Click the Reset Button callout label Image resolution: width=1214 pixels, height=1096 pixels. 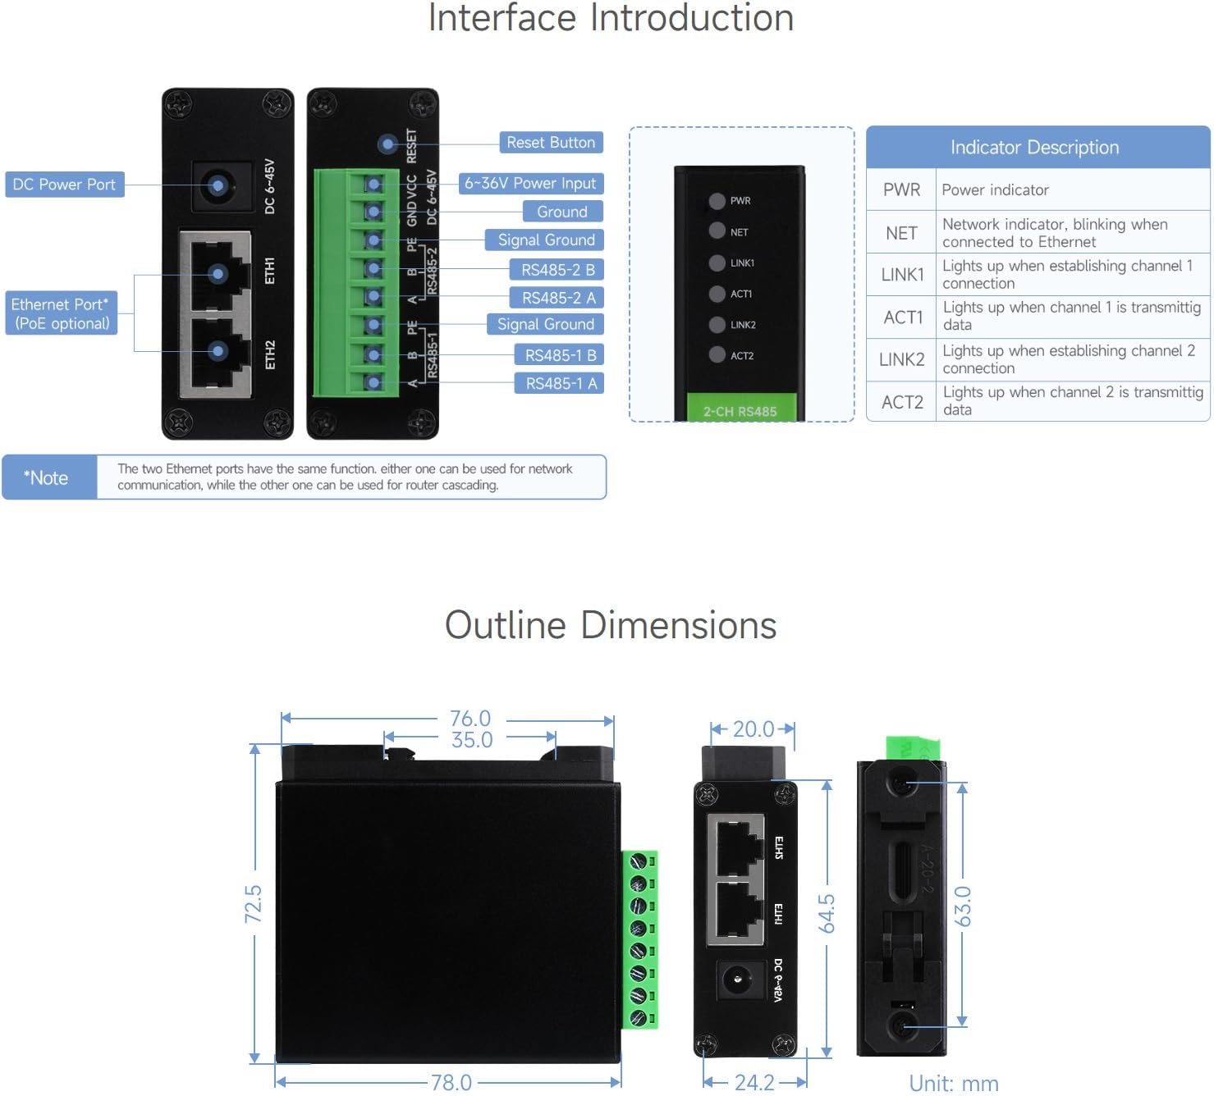pos(551,143)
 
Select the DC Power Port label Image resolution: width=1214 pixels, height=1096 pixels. pos(64,185)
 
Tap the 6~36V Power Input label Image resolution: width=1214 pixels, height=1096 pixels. pos(530,184)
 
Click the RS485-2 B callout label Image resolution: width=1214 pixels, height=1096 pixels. pos(558,270)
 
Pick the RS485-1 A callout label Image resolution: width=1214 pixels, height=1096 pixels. pos(561,383)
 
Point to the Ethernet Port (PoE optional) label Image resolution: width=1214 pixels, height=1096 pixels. pos(61,313)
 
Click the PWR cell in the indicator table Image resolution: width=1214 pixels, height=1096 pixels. pos(901,190)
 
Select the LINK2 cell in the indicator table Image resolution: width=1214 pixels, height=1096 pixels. pos(901,359)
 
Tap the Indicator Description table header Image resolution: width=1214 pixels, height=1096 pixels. pos(1036,148)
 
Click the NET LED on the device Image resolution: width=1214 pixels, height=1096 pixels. pos(717,231)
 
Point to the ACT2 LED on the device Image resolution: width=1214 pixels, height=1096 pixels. pos(717,355)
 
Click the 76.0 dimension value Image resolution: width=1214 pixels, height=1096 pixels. pos(470,719)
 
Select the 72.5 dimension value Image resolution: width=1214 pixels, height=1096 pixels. pos(254,904)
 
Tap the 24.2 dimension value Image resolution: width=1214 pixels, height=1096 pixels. pos(754,1082)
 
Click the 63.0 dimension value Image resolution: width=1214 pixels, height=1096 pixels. pos(963,906)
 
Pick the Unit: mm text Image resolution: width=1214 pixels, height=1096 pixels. pos(954,1083)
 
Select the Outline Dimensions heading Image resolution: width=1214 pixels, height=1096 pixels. pos(610,625)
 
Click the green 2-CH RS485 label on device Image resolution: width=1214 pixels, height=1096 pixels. pos(739,410)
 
